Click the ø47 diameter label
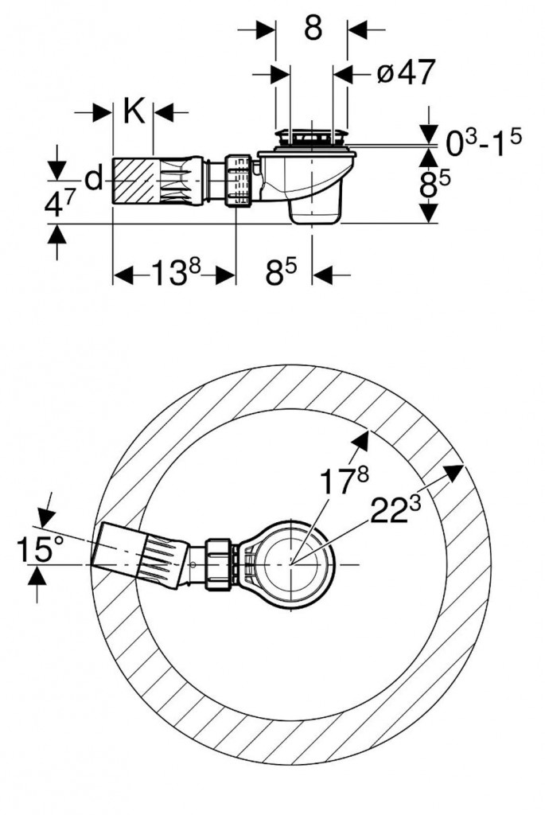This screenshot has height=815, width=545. click(x=406, y=73)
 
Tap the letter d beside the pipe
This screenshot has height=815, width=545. click(x=94, y=181)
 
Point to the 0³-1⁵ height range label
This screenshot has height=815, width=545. click(x=483, y=144)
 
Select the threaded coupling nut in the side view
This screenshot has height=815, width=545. click(x=238, y=180)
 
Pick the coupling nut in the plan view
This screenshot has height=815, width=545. click(x=219, y=564)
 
